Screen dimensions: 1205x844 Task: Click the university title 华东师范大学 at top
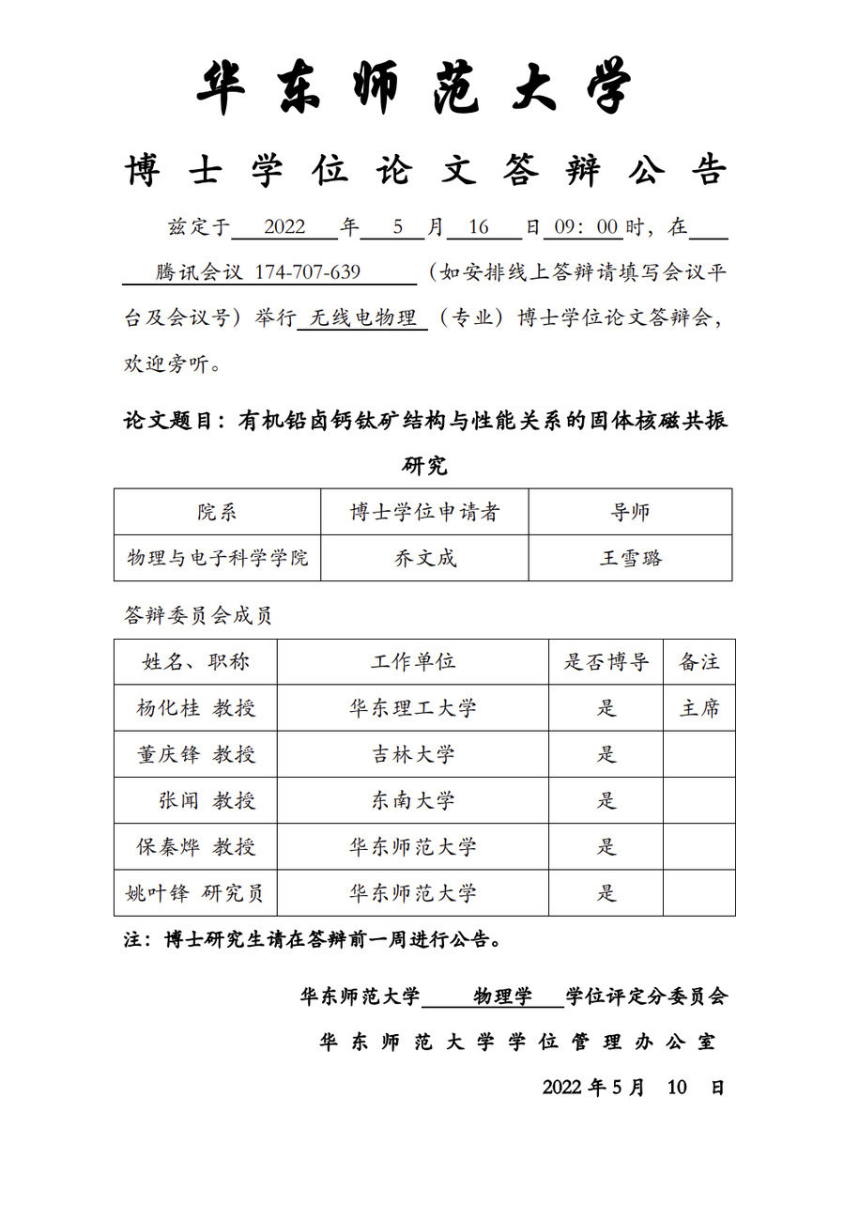414,88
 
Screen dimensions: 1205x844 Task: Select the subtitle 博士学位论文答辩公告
425,172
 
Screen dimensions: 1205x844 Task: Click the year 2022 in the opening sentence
284,227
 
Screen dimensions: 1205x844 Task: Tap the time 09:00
587,227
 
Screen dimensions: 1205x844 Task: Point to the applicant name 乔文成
424,558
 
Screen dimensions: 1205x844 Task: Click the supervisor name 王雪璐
630,558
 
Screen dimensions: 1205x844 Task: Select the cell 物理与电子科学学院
218,558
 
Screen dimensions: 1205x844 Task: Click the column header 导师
630,512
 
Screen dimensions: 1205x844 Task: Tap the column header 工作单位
413,661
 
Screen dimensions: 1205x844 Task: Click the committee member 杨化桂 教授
196,708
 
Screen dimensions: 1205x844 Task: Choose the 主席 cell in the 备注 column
699,708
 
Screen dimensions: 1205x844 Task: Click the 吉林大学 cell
413,754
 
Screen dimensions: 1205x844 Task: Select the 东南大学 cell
413,800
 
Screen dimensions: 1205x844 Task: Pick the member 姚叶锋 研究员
195,893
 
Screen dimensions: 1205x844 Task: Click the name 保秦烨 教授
196,846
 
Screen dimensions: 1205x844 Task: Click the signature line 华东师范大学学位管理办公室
517,1042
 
